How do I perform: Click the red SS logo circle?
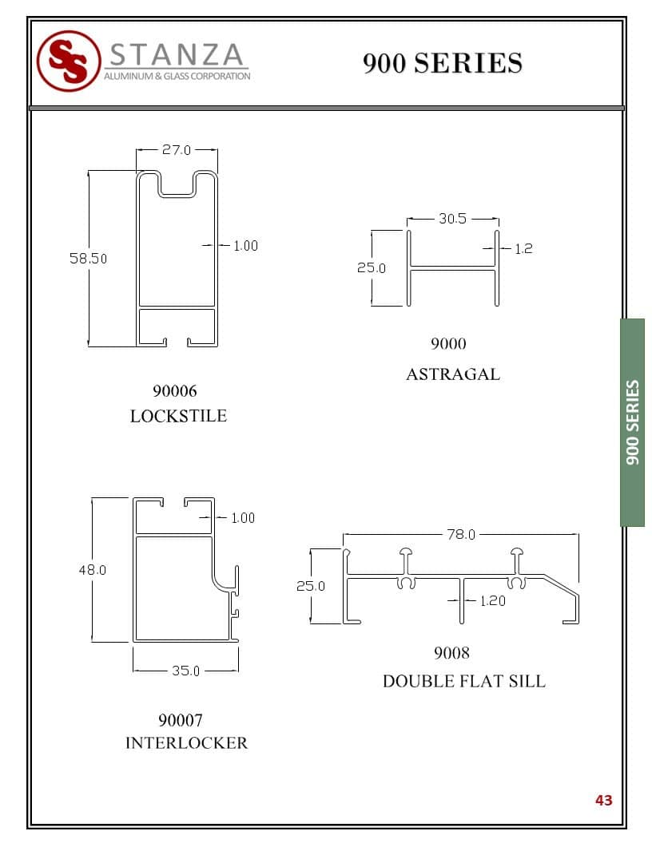69,61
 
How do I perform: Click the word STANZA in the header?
177,55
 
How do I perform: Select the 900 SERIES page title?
442,63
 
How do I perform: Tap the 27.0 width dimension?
177,149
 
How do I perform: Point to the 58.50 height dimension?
88,259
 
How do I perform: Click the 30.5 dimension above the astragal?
452,218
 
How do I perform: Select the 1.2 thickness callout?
523,248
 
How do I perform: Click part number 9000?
448,343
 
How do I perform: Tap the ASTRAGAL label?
453,374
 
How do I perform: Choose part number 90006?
175,391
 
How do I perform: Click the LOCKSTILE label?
179,416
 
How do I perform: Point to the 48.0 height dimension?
93,570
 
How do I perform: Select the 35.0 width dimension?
185,671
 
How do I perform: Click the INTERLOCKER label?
187,743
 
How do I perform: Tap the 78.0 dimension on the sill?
461,534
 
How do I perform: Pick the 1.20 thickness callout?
493,600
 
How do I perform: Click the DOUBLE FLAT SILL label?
464,681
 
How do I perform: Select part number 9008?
452,653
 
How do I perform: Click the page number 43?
603,801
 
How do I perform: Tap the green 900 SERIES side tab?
632,422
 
